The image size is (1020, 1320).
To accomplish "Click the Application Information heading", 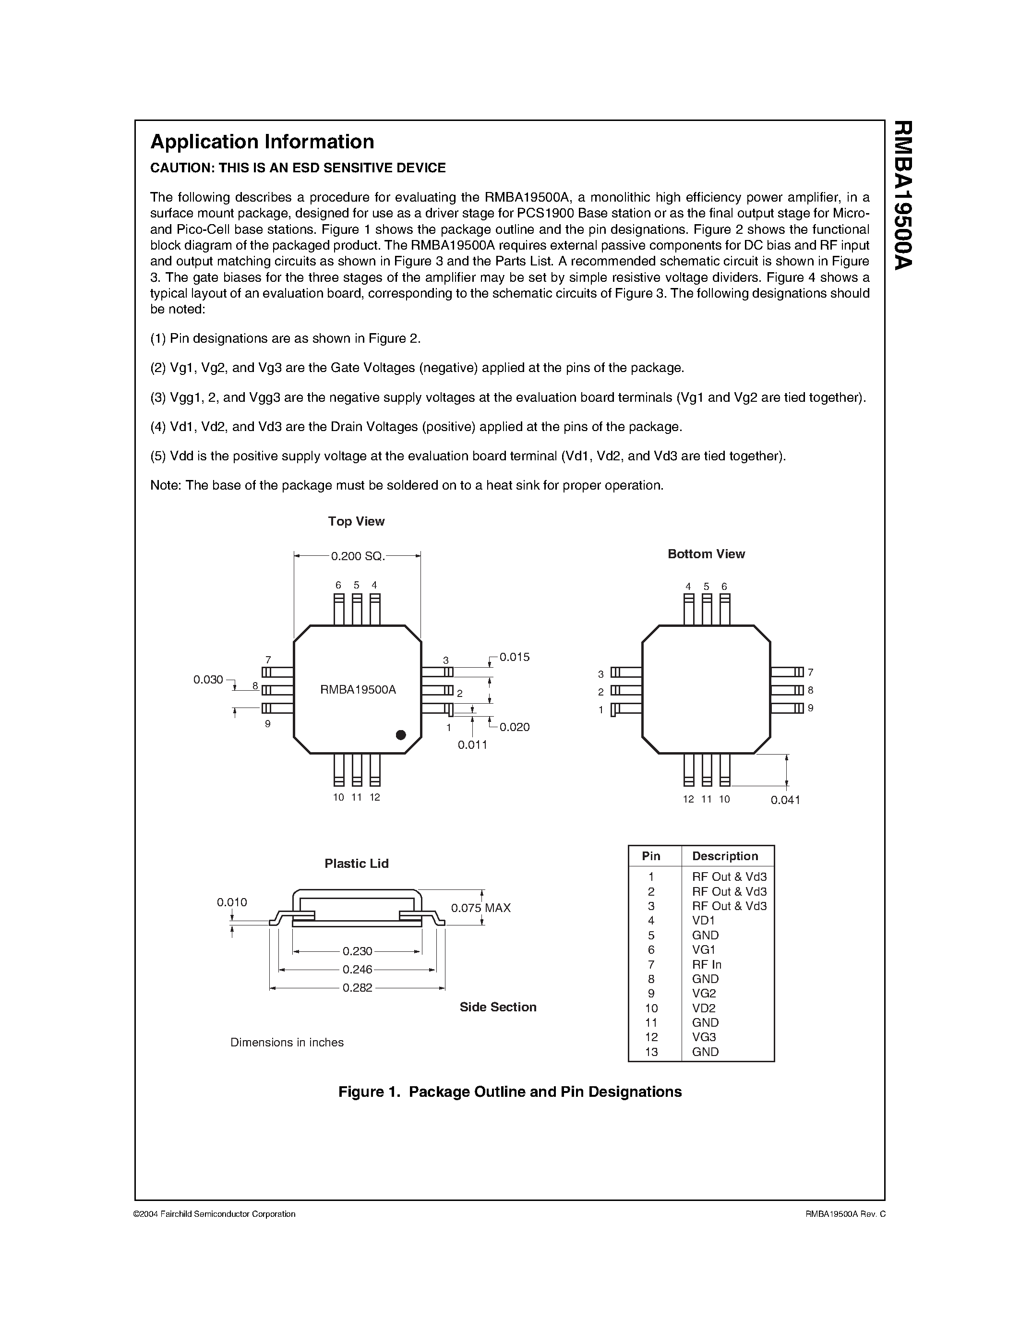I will pyautogui.click(x=262, y=142).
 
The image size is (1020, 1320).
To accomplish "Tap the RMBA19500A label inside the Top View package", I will pyautogui.click(x=358, y=690).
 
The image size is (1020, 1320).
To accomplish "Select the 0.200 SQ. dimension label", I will pyautogui.click(x=357, y=556).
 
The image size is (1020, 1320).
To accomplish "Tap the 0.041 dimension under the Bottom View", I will pyautogui.click(x=785, y=800).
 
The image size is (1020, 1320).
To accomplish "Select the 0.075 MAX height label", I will pyautogui.click(x=480, y=908).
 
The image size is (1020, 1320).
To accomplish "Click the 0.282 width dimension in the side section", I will pyautogui.click(x=357, y=988).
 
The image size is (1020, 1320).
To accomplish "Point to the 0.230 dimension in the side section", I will pyautogui.click(x=357, y=951).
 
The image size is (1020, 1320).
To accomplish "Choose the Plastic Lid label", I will pyautogui.click(x=357, y=864).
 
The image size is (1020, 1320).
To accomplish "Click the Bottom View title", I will pyautogui.click(x=706, y=554).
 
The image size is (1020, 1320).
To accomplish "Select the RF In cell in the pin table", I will pyautogui.click(x=707, y=965).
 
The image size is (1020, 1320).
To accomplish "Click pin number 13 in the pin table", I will pyautogui.click(x=651, y=1052).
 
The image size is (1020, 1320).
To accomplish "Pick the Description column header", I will pyautogui.click(x=724, y=856).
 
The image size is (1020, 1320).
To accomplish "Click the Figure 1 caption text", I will pyautogui.click(x=509, y=1092).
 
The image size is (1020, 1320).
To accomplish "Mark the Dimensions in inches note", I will pyautogui.click(x=287, y=1043).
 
